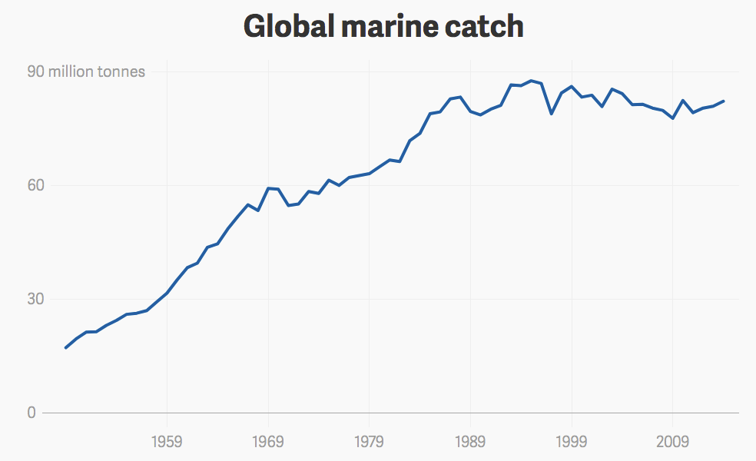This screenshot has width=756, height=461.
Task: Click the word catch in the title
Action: tap(485, 27)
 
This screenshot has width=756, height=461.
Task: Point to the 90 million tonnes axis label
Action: tap(86, 72)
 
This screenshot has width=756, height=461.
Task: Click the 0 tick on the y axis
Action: tap(31, 413)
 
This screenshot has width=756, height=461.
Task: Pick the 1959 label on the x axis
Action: tap(167, 442)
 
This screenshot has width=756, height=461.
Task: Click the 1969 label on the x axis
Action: tap(268, 442)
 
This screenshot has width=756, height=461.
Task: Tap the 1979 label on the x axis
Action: tap(370, 442)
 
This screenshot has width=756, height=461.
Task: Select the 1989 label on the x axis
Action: tap(470, 442)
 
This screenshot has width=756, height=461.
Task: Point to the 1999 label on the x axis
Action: tap(572, 442)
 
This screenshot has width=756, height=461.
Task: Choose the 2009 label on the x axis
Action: tap(673, 442)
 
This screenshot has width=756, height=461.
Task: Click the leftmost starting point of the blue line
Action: tap(65, 348)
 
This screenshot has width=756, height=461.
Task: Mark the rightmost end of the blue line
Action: tap(724, 101)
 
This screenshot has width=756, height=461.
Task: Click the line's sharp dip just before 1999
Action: tap(552, 114)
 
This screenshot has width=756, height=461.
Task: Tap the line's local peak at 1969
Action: tap(268, 187)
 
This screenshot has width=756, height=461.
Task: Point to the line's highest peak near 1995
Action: tap(532, 81)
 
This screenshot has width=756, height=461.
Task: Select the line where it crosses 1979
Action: tap(370, 174)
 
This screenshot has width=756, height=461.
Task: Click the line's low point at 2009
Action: tap(673, 118)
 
